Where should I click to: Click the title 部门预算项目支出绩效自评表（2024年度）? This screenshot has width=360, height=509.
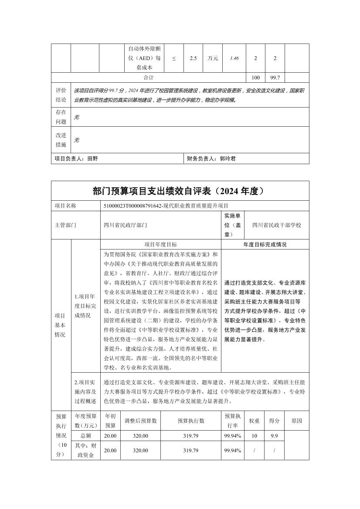tap(180, 191)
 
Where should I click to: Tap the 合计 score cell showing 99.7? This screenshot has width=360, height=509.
tap(275, 78)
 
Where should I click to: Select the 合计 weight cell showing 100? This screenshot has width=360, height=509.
tap(256, 78)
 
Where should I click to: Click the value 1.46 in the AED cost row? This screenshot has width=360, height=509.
tap(234, 58)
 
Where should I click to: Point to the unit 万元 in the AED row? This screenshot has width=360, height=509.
tap(213, 58)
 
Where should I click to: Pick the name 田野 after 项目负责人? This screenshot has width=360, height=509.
tap(93, 159)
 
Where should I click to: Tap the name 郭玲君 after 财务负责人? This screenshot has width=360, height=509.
tap(228, 159)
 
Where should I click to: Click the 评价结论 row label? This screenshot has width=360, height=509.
tap(61, 95)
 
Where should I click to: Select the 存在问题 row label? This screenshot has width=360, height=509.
tap(61, 117)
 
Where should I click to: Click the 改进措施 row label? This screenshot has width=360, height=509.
tap(61, 140)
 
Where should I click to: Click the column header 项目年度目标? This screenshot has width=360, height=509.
tap(161, 245)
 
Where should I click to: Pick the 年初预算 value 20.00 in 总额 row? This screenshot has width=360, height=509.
tap(110, 436)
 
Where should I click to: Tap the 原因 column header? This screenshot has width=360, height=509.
tap(297, 421)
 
